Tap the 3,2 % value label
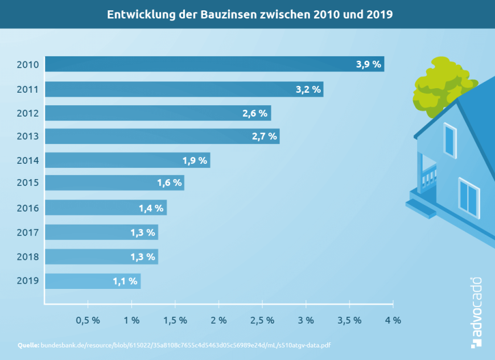(308, 89)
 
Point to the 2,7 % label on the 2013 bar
(264, 136)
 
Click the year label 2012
(27, 113)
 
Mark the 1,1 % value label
(125, 281)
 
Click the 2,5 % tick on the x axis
(262, 320)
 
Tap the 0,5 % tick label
(88, 320)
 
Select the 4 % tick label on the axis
(393, 320)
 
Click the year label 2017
(27, 233)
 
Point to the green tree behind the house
(438, 82)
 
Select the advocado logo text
(476, 312)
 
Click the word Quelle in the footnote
(28, 345)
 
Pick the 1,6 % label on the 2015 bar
(169, 183)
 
